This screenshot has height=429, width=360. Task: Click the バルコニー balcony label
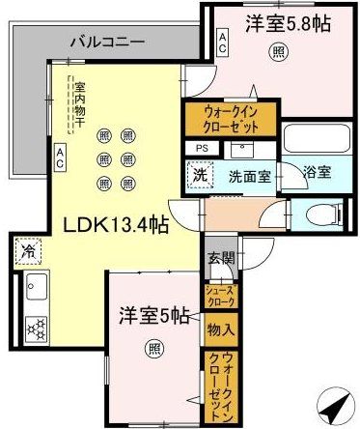(x=108, y=43)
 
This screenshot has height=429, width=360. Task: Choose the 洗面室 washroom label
(x=248, y=178)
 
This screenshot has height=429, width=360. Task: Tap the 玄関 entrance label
(x=219, y=258)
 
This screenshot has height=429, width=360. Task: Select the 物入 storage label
(x=219, y=329)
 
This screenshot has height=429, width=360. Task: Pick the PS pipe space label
(x=202, y=148)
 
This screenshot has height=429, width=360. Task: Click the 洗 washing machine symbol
(x=198, y=177)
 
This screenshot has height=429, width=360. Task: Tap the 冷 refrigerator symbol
(x=23, y=249)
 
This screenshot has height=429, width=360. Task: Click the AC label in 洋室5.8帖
(x=223, y=43)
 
